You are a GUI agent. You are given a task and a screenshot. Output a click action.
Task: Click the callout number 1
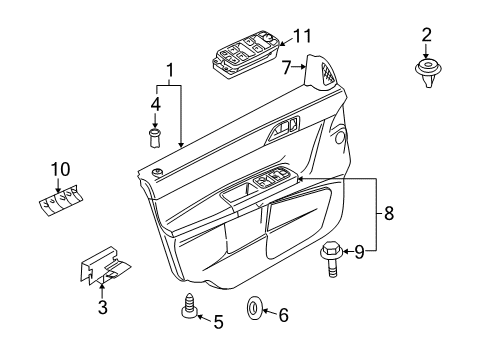click(x=170, y=71)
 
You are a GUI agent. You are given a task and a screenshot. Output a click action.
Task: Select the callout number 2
click(x=427, y=35)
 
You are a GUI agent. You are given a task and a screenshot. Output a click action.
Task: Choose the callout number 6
click(x=282, y=315)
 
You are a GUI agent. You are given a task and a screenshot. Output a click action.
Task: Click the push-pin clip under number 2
click(x=427, y=71)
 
